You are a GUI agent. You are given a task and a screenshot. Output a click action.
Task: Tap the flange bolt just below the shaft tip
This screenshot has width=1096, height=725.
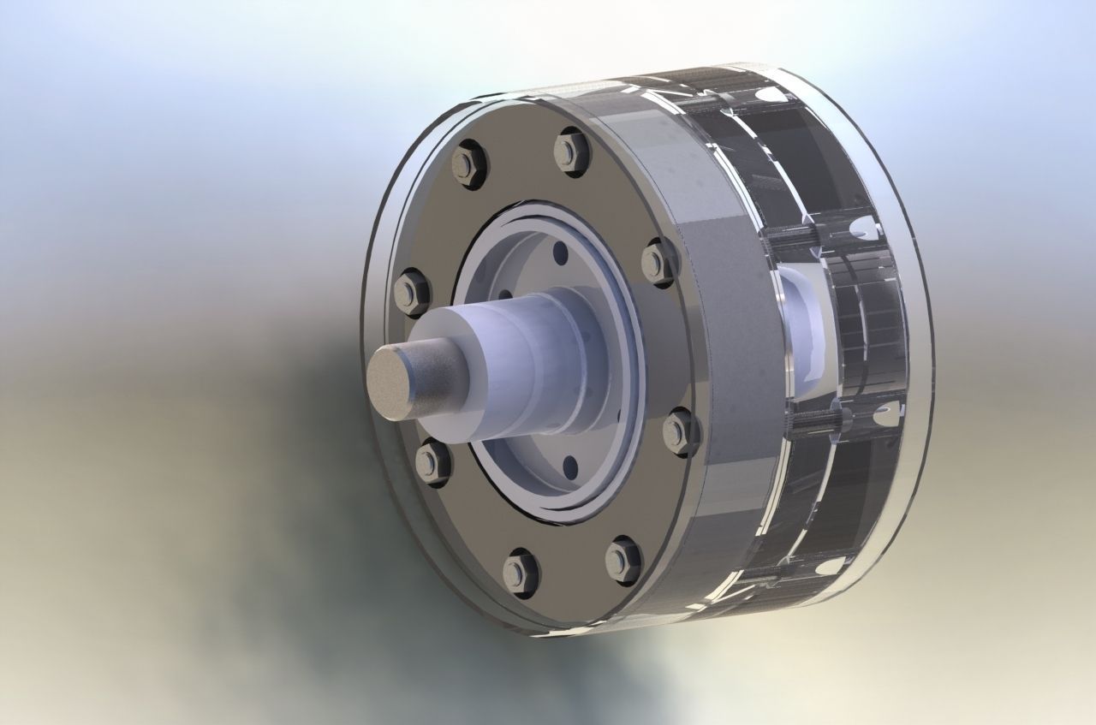432,463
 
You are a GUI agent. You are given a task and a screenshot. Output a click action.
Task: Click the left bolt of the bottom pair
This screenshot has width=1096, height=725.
520,572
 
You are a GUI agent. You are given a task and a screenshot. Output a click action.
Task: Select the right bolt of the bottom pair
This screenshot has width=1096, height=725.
622,561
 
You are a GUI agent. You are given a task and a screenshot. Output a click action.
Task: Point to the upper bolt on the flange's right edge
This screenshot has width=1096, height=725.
658,260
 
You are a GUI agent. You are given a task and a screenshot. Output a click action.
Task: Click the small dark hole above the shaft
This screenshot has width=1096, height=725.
560,254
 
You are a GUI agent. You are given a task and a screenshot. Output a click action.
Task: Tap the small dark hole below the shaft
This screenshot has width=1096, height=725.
570,466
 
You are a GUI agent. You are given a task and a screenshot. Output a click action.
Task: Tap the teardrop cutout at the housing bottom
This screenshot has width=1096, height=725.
827,566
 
